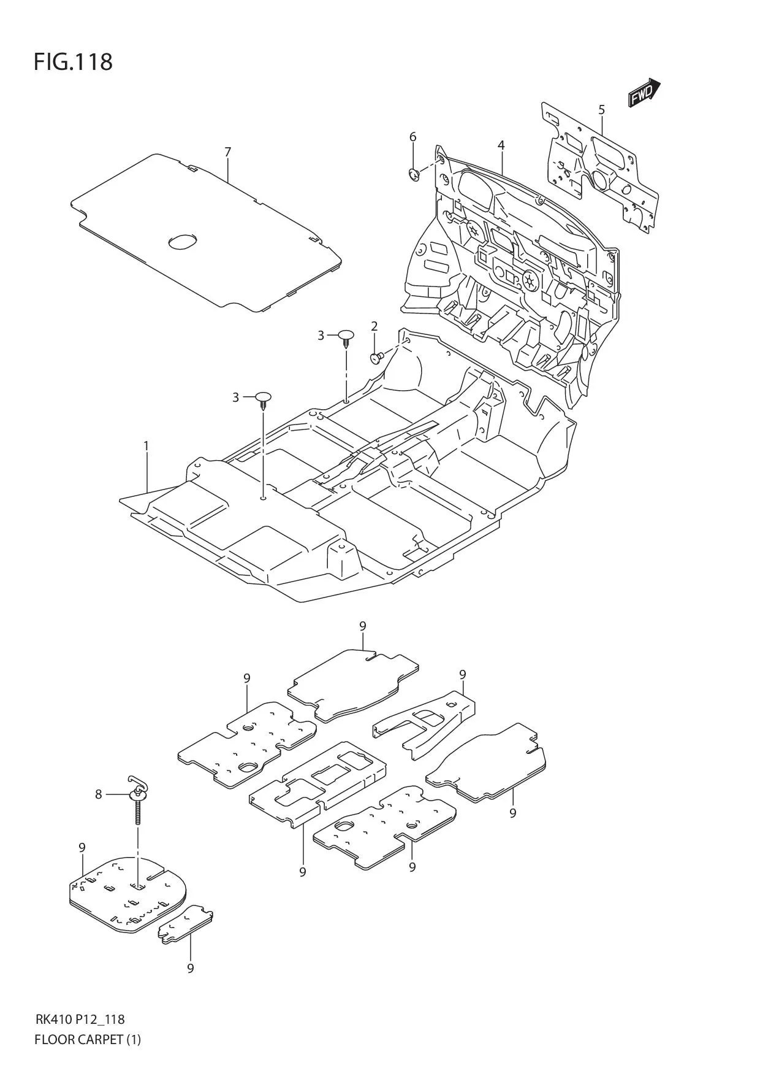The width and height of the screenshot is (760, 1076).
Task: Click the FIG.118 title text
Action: pos(73,62)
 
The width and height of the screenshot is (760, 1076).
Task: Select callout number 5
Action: pos(602,110)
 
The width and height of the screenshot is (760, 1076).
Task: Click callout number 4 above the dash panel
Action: pos(501,145)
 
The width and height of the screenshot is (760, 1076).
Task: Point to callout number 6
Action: pos(412,136)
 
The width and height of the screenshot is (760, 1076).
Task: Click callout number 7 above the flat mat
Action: pos(227,152)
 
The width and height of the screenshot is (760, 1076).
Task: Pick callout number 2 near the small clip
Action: pos(374,326)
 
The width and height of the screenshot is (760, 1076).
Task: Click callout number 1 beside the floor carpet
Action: pos(146,446)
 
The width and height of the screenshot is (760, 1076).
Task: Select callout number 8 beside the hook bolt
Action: pos(98,794)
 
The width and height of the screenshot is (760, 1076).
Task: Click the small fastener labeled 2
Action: pos(376,357)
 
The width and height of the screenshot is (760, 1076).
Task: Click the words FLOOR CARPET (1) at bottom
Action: pos(88,1039)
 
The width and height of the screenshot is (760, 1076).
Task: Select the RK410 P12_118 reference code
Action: pos(80,1020)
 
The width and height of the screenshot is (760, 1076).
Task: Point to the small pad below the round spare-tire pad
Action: pos(186,932)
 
